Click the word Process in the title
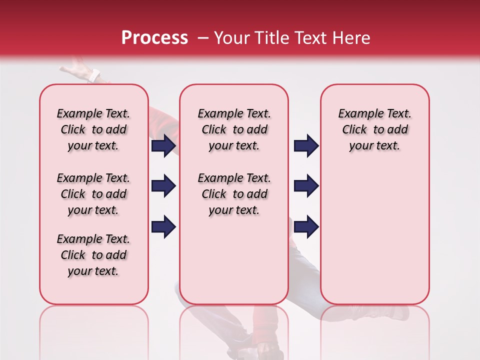tap(154, 38)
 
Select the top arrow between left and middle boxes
tap(163, 146)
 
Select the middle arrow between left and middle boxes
tap(163, 186)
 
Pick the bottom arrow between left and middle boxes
tap(163, 227)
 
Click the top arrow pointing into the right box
tap(306, 146)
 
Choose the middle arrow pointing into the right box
tap(306, 186)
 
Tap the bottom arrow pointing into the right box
tap(306, 227)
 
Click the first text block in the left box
tap(93, 129)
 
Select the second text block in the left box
tap(93, 194)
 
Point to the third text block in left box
tap(93, 255)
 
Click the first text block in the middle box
tap(234, 129)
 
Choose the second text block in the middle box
tap(234, 194)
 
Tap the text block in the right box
tap(374, 129)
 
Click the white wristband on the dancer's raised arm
tap(94, 76)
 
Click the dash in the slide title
tap(203, 38)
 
